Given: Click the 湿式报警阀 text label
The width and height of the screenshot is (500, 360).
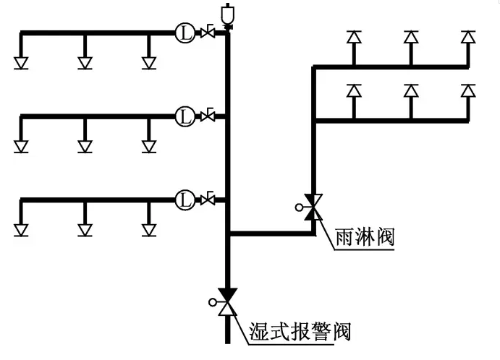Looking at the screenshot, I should [x=299, y=331].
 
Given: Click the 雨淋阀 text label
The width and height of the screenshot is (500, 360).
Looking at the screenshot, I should [x=365, y=236].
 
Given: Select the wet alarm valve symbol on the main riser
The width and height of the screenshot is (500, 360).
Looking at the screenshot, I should [x=228, y=302].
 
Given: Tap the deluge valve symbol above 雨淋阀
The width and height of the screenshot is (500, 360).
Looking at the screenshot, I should [x=313, y=207].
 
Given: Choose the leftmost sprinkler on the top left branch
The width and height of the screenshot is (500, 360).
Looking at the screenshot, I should [x=21, y=63].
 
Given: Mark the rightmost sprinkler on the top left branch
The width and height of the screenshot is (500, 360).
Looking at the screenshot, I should [x=148, y=63].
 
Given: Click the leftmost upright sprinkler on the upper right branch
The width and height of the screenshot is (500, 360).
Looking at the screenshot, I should [x=353, y=37].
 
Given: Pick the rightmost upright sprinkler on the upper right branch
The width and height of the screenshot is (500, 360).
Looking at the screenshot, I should [x=468, y=37].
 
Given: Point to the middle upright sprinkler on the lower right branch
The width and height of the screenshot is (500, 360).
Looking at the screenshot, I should [x=411, y=91].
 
